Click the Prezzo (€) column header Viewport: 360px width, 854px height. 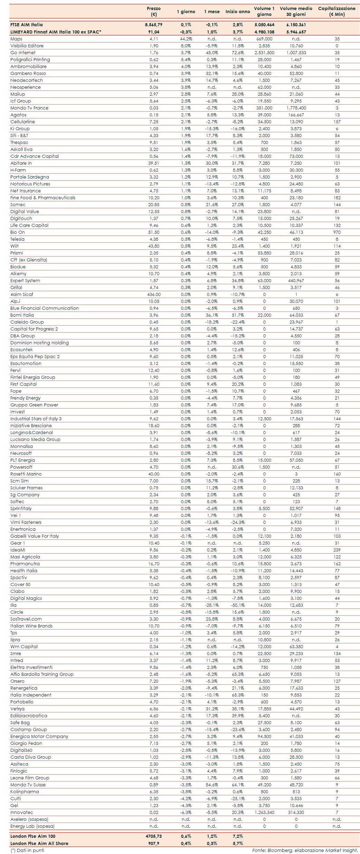pyautogui.click(x=154, y=11)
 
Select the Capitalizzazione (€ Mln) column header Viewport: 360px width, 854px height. pyautogui.click(x=337, y=11)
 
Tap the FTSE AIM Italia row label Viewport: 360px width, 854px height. pyautogui.click(x=27, y=25)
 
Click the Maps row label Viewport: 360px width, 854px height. pyautogui.click(x=16, y=39)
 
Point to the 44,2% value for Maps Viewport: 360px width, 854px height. pyautogui.click(x=186, y=39)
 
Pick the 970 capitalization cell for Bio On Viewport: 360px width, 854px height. pyautogui.click(x=337, y=232)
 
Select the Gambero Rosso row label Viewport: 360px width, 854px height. pyautogui.click(x=28, y=74)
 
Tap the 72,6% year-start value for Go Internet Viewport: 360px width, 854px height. pyautogui.click(x=238, y=53)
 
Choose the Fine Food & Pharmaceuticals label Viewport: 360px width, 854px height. pyautogui.click(x=43, y=198)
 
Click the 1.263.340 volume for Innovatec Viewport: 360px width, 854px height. pyautogui.click(x=264, y=813)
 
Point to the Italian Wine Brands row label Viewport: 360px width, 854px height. pyautogui.click(x=31, y=626)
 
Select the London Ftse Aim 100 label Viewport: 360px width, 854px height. pyautogui.click(x=33, y=836)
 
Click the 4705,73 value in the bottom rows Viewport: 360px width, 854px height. pyautogui.click(x=154, y=836)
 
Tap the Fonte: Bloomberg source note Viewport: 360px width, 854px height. pyautogui.click(x=305, y=850)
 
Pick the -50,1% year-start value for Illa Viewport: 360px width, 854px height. pyautogui.click(x=238, y=605)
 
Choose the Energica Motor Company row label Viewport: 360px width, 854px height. pyautogui.click(x=39, y=737)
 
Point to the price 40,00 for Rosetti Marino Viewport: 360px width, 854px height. pyautogui.click(x=154, y=474)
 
